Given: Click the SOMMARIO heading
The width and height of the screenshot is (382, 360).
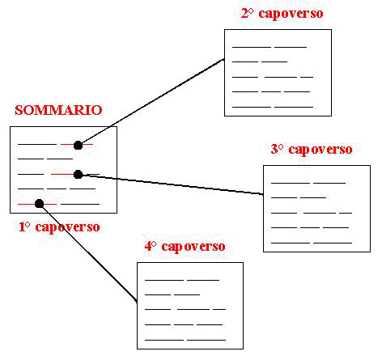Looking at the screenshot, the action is tap(58, 110).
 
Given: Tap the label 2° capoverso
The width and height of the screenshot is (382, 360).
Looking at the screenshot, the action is tap(282, 14).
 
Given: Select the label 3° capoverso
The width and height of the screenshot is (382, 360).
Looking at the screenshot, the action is tap(312, 150).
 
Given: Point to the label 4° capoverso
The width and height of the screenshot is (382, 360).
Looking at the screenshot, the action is tap(185, 247).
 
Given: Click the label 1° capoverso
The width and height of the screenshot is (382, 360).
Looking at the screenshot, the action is tap(59, 227).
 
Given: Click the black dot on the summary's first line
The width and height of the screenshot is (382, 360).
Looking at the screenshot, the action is tap(78, 145).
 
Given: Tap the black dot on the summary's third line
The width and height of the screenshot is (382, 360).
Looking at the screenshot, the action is tap(79, 175).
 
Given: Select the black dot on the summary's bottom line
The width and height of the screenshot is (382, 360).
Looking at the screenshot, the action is tap(40, 204).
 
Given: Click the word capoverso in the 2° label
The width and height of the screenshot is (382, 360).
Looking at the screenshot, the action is tap(291, 14).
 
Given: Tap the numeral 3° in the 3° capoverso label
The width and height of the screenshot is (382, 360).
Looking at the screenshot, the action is tap(277, 149).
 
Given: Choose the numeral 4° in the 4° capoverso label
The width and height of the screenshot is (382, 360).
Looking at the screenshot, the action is tap(151, 246).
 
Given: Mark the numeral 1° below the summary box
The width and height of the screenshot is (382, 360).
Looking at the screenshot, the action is tap(24, 227).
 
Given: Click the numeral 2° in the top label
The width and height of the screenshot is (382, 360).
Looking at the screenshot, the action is tap(247, 13).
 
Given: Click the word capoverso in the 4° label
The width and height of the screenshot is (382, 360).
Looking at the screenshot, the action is tap(193, 247).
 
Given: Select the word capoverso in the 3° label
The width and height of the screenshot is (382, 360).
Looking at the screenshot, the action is tap(320, 150).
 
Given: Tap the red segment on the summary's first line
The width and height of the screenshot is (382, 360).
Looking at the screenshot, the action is tap(77, 145).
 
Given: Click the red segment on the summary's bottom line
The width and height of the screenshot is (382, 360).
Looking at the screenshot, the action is tap(37, 204).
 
